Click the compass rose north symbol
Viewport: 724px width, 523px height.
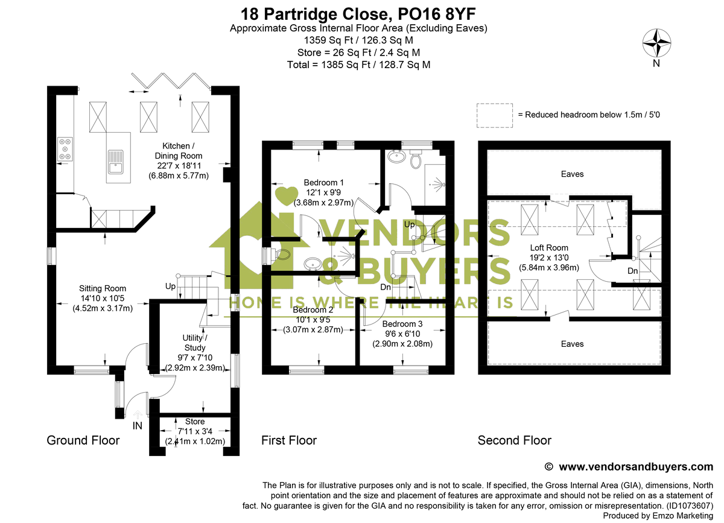pyautogui.click(x=656, y=43)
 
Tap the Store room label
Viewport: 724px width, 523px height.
pyautogui.click(x=195, y=422)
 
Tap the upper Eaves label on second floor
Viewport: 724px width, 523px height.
pyautogui.click(x=572, y=174)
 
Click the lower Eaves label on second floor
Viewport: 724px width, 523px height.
pyautogui.click(x=572, y=344)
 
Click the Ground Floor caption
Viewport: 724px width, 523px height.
pyautogui.click(x=83, y=440)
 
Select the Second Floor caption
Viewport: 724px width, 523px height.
pyautogui.click(x=514, y=440)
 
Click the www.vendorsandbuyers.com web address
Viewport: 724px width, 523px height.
pyautogui.click(x=636, y=466)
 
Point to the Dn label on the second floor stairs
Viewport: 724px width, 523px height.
pyautogui.click(x=632, y=271)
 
